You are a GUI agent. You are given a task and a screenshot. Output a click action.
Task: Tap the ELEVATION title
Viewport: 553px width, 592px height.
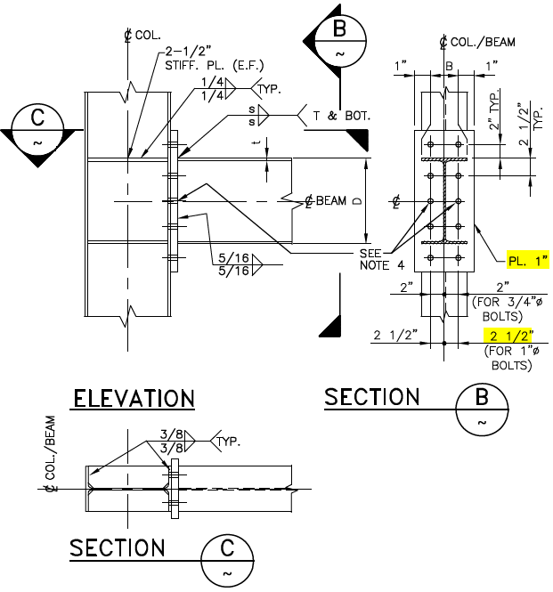134,398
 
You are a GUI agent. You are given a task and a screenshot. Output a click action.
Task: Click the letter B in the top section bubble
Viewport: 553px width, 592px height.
338,29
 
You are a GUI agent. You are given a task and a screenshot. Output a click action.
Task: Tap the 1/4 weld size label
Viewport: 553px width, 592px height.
211,89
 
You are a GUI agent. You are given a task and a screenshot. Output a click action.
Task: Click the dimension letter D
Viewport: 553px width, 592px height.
356,202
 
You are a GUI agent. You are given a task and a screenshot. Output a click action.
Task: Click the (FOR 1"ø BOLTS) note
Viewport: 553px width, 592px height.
508,359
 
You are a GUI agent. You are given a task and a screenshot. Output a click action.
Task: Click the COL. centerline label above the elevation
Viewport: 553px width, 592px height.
142,36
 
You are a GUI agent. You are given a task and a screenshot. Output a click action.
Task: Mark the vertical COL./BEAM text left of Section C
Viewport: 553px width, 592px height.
53,453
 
